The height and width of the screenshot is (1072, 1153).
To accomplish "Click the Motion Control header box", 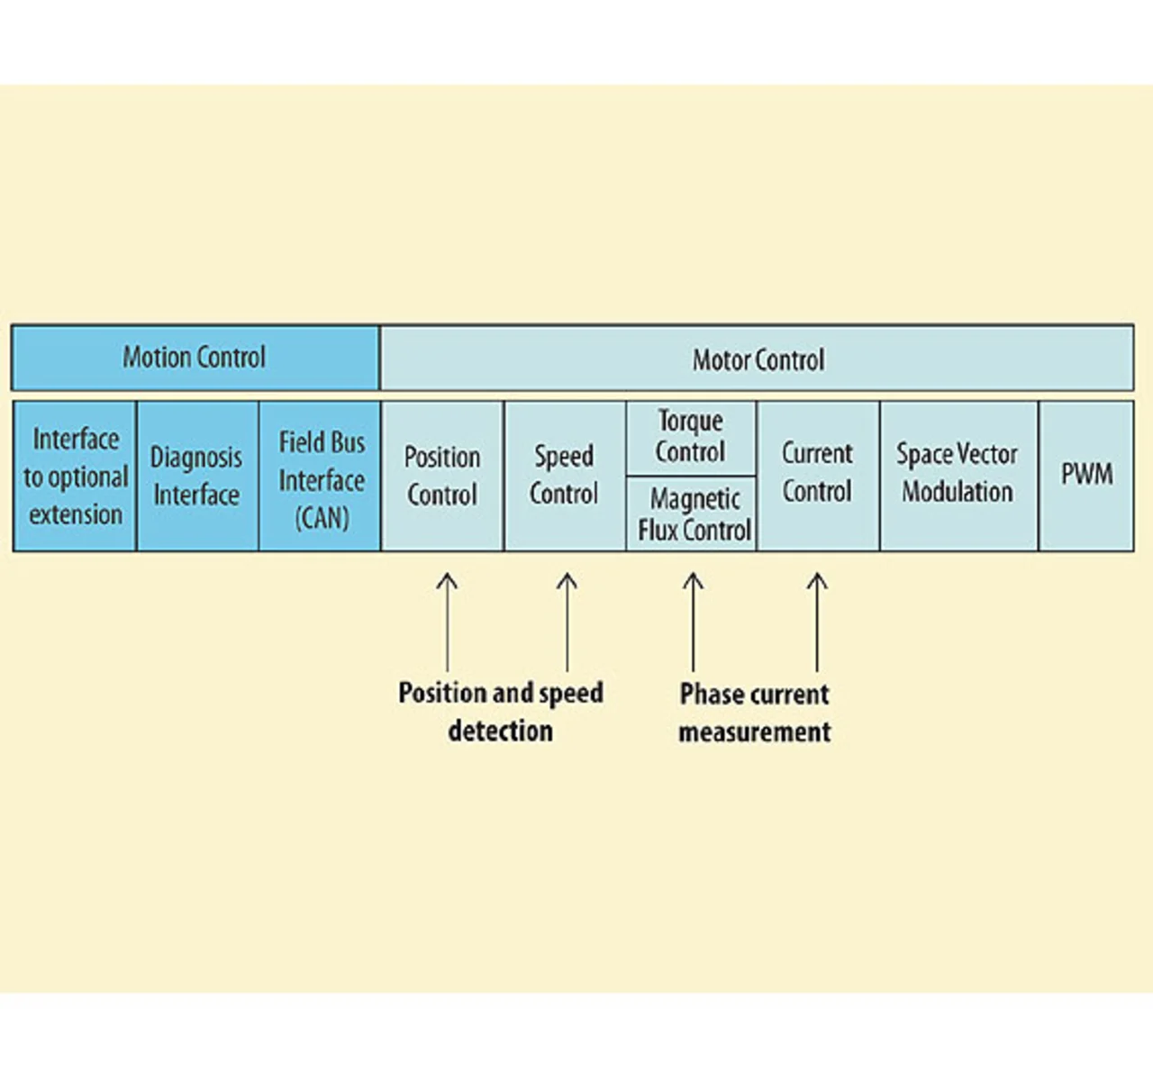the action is coord(195,357).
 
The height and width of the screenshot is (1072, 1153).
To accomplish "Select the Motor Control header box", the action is coord(757,358).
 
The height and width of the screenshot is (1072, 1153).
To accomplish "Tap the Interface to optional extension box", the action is coord(75,476).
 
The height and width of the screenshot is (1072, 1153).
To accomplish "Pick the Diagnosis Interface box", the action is coord(197,476).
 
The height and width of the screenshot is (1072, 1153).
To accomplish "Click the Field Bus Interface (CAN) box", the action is coord(320,476).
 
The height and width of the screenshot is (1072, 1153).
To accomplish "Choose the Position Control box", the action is coord(442,476).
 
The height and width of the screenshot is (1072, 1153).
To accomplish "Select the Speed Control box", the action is coord(565,476).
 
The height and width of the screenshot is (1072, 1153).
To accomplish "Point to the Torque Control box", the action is coord(691,439).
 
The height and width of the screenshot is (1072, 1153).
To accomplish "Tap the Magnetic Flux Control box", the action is coord(691,514).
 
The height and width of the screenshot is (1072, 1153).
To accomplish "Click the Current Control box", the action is coord(818,476).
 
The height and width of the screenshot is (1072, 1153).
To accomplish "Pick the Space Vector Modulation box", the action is coord(959,476).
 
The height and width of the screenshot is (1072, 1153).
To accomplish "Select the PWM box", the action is coord(1086,476).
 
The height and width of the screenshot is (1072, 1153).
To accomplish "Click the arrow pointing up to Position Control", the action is coord(447,622).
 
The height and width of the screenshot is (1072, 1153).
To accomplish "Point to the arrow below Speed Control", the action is coord(567,622).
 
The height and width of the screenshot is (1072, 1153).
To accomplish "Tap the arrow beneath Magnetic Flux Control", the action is coord(693,622).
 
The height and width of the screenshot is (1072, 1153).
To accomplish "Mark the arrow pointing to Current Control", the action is coord(817,622).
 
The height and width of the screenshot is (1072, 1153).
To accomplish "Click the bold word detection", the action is coord(501,730).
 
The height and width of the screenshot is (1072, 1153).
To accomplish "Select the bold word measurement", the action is coord(755,731).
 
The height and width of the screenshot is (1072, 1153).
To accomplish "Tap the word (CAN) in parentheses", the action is coord(322,518).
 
